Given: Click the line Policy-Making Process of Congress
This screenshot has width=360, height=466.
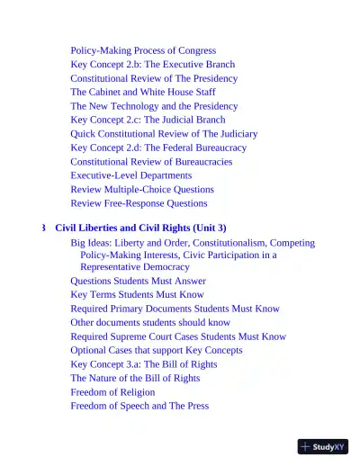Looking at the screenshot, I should tap(143, 50).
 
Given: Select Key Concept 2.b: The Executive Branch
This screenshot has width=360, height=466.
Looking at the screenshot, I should tap(152, 65).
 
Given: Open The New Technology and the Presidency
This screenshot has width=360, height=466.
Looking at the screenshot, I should tap(154, 106).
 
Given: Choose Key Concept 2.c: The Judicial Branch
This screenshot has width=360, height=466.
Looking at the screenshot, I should tap(148, 120).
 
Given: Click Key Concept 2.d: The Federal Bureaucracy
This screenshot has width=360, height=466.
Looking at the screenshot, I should tap(158, 148).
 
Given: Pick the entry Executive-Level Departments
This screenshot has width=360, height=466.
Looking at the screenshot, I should tap(130, 175).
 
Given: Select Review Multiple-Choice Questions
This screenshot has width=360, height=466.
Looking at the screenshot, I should tap(142, 190).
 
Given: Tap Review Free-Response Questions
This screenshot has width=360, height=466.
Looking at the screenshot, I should tap(139, 203).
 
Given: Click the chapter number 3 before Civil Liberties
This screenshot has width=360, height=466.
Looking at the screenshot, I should tap(44, 229).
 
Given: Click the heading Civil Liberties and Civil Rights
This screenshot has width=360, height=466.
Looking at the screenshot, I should tap(140, 229).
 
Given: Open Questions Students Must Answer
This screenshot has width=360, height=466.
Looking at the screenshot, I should tap(138, 281).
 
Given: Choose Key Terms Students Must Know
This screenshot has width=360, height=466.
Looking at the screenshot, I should tap(137, 294).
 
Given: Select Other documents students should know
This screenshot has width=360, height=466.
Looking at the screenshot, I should tap(150, 322).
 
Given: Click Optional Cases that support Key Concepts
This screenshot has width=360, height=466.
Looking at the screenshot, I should tap(156, 350).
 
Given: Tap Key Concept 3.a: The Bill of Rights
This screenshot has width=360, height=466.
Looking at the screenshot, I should tap(144, 364).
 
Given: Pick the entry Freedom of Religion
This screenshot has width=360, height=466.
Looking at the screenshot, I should tap(114, 392).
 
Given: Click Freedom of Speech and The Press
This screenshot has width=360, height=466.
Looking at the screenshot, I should tap(139, 406).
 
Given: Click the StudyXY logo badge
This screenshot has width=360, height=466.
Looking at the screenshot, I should tap(323, 446).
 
